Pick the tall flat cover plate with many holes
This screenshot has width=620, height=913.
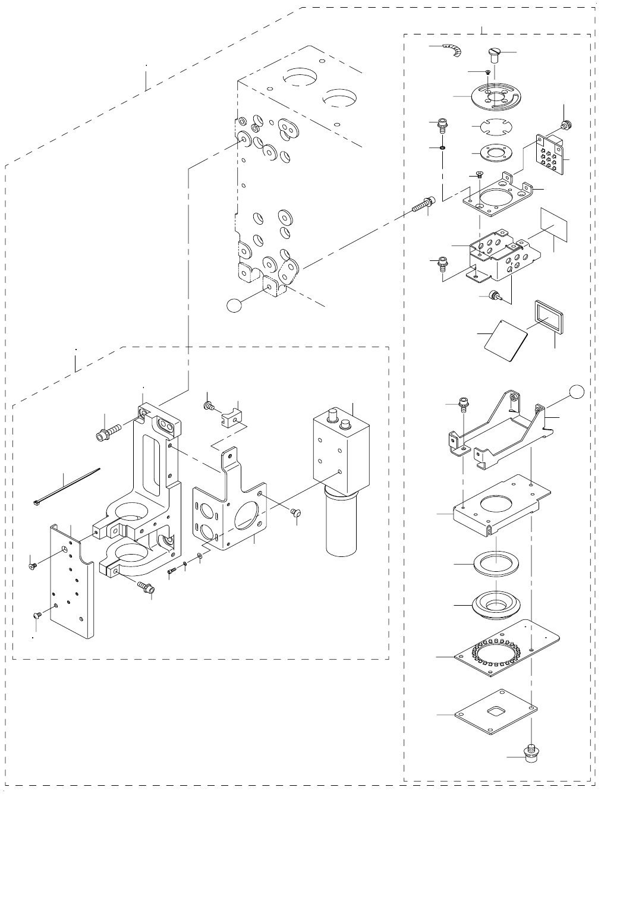tap(71, 583)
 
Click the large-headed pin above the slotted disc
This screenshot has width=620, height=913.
tap(495, 56)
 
